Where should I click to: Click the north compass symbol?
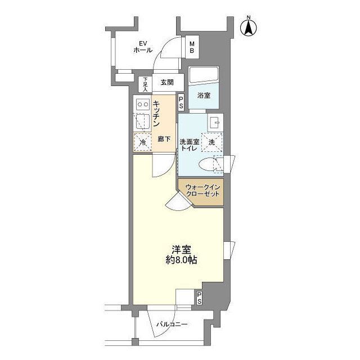click(249, 27)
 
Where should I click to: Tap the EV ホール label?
click(143, 47)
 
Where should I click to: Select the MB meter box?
click(192, 47)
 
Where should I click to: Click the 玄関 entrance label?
click(167, 83)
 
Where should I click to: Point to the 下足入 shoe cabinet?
click(145, 84)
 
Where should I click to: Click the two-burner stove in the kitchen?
click(143, 105)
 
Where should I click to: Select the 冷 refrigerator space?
click(143, 142)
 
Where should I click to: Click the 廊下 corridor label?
click(164, 139)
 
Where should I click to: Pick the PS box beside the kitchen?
click(181, 102)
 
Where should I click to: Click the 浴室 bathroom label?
click(204, 96)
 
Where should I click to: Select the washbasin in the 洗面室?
click(215, 123)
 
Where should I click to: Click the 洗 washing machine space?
click(212, 142)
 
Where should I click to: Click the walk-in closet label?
click(202, 191)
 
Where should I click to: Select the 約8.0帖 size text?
click(181, 260)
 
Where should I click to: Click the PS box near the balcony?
click(199, 298)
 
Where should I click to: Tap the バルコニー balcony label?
click(172, 325)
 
